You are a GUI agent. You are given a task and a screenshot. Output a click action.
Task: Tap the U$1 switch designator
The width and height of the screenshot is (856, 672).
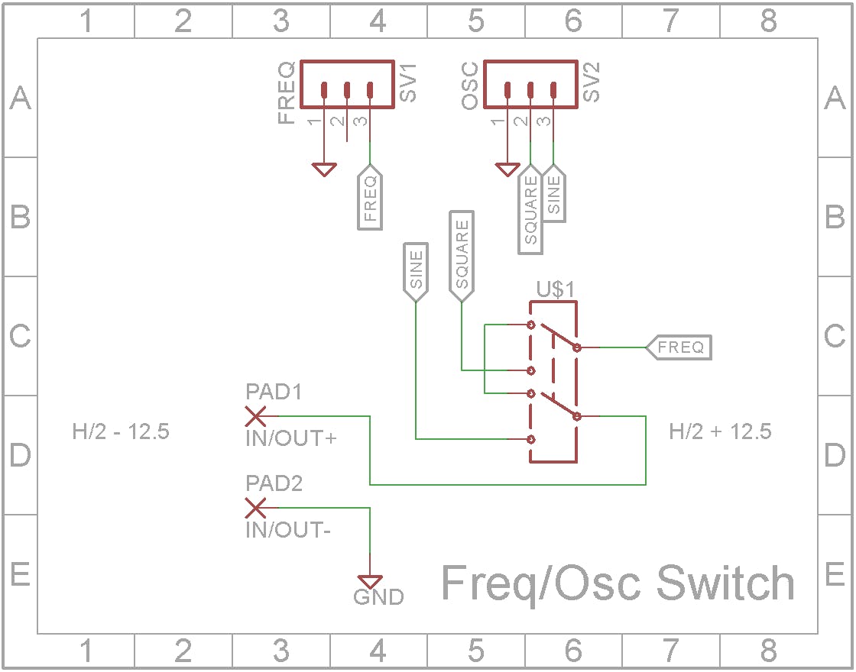(x=555, y=289)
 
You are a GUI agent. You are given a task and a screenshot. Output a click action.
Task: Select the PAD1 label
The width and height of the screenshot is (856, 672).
(x=274, y=393)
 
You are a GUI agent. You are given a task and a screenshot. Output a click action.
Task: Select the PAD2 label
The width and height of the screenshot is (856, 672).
(x=274, y=484)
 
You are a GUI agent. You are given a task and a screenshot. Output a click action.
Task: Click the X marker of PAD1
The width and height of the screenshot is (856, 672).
(x=255, y=416)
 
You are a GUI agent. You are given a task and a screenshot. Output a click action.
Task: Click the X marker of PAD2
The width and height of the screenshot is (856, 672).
(x=255, y=508)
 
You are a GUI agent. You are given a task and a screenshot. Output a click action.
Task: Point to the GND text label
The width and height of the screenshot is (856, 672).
(x=378, y=597)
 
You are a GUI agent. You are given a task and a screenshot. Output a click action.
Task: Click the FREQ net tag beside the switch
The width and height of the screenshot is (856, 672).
(x=679, y=347)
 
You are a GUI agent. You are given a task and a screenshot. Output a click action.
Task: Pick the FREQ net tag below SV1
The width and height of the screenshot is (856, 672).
(x=371, y=199)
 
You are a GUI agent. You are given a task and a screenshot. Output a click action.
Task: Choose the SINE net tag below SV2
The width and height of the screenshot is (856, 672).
(x=554, y=194)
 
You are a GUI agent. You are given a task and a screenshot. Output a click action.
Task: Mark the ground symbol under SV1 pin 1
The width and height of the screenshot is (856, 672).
(x=325, y=169)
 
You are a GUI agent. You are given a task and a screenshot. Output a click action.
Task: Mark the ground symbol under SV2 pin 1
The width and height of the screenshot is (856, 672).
(x=507, y=169)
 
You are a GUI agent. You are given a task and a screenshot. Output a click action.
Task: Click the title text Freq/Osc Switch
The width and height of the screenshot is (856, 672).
(x=618, y=584)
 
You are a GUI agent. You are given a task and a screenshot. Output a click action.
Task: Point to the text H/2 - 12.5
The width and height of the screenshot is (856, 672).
(x=121, y=431)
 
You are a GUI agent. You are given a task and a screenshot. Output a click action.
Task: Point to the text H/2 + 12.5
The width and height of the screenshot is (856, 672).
(x=720, y=431)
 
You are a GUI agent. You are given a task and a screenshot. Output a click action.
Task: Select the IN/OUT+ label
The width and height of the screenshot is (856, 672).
(x=291, y=439)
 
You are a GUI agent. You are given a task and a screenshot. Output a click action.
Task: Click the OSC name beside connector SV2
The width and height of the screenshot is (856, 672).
(x=470, y=87)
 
